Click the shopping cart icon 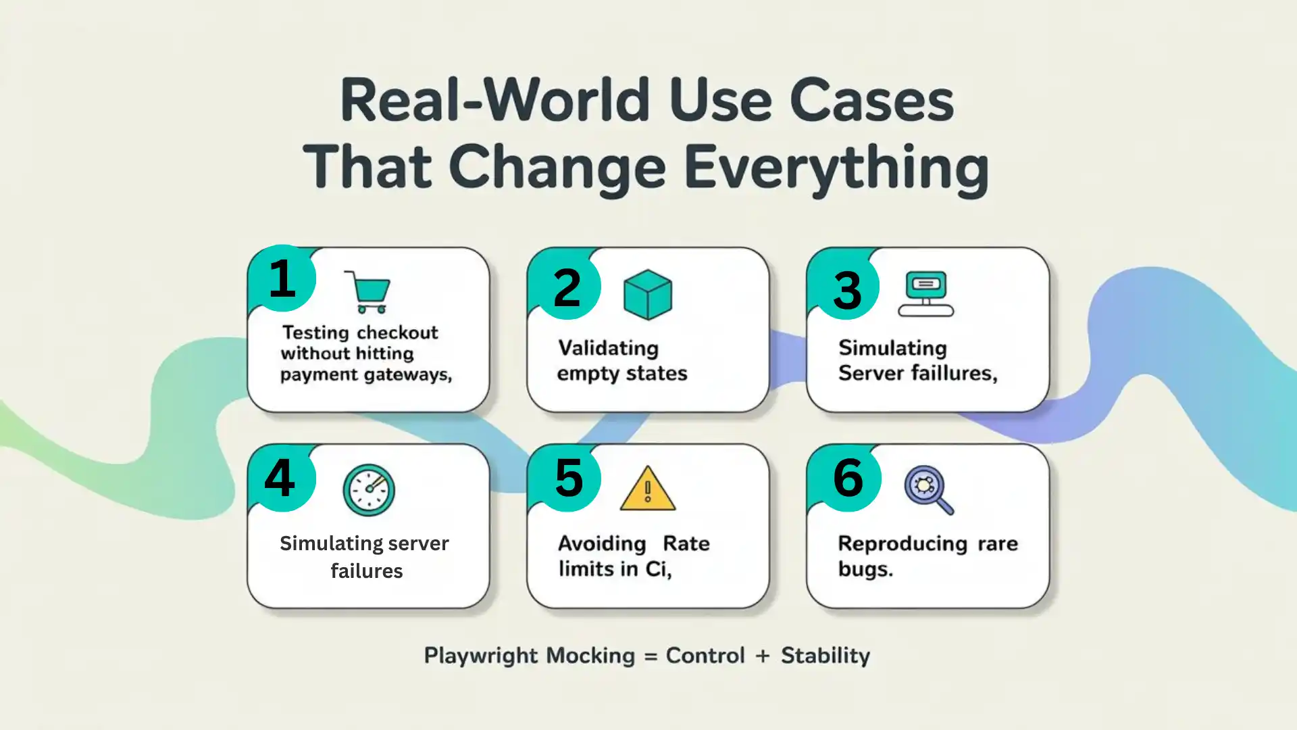tap(368, 292)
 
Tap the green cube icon tap(647, 295)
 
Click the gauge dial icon tap(368, 490)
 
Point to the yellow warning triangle tap(647, 489)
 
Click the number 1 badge tap(282, 278)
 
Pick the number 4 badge tap(280, 478)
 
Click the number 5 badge tap(568, 479)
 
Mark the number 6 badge tap(848, 478)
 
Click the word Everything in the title tap(836, 168)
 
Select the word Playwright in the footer tap(481, 656)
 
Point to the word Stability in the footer tap(825, 656)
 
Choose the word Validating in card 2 tap(608, 348)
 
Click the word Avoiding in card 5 tap(602, 543)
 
